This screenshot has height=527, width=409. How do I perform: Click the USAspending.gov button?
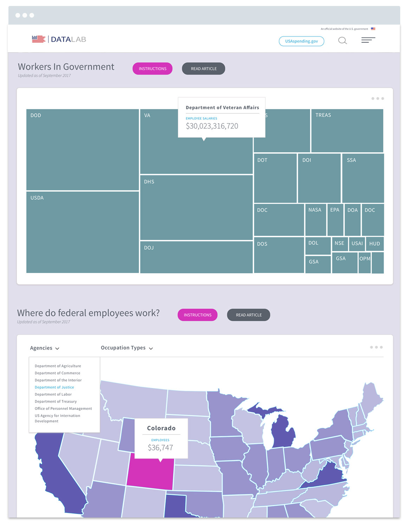pyautogui.click(x=301, y=41)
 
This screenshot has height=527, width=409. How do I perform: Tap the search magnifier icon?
pyautogui.click(x=342, y=41)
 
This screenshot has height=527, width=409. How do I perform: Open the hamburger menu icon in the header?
pyautogui.click(x=368, y=40)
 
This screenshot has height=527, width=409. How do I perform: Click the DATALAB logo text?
pyautogui.click(x=68, y=39)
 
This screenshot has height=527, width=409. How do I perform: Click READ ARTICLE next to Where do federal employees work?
pyautogui.click(x=248, y=315)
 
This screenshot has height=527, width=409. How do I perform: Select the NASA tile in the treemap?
pyautogui.click(x=315, y=220)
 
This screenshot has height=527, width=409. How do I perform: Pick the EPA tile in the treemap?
pyautogui.click(x=335, y=220)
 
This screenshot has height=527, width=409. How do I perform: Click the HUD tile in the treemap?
pyautogui.click(x=375, y=243)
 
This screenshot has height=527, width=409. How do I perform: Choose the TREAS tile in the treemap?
pyautogui.click(x=347, y=130)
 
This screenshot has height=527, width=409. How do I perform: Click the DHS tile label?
pyautogui.click(x=149, y=182)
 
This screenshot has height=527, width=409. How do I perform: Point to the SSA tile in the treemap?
pyautogui.click(x=363, y=178)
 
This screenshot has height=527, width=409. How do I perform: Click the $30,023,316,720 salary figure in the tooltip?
pyautogui.click(x=212, y=126)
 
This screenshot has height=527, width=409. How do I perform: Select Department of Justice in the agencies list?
pyautogui.click(x=54, y=387)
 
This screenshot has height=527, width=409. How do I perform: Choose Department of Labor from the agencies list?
pyautogui.click(x=53, y=394)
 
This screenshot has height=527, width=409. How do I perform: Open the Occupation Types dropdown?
pyautogui.click(x=126, y=348)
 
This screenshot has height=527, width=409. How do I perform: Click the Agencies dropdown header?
pyautogui.click(x=44, y=348)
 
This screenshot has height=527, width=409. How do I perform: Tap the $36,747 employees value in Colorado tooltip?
pyautogui.click(x=160, y=448)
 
